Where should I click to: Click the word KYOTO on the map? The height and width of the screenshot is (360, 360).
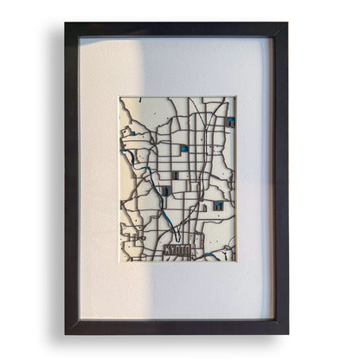click(178, 250)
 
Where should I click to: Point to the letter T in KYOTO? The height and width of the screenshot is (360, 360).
click(184, 250)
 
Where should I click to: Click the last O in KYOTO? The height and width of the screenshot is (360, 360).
click(191, 250)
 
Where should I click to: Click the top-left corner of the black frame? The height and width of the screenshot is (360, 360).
click(66, 23)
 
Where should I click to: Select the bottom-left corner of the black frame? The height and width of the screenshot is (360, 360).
click(66, 334)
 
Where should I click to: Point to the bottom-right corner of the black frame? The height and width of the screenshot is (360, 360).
click(287, 334)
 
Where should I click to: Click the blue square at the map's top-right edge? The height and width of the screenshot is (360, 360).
click(231, 122)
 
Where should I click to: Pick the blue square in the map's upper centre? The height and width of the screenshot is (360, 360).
click(183, 149)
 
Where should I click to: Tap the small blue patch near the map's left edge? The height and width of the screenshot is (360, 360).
click(130, 157)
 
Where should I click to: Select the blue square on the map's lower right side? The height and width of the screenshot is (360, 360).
click(218, 206)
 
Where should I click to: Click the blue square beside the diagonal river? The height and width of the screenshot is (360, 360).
click(166, 190)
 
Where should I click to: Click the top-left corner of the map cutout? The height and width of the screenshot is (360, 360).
click(119, 98)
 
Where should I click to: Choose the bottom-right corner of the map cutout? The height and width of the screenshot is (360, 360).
click(235, 261)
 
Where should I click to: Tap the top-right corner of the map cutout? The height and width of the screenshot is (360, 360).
click(235, 98)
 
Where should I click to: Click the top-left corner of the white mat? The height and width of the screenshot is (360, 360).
click(80, 38)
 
